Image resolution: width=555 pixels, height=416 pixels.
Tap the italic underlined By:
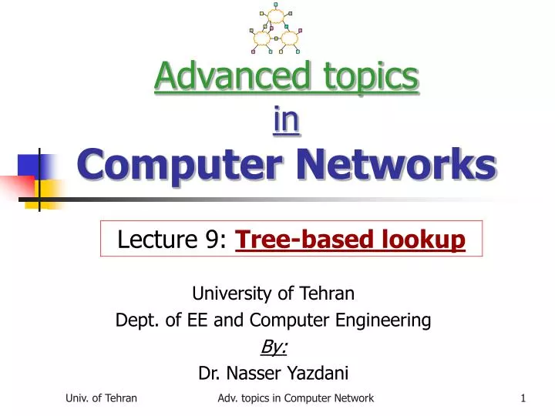click(x=274, y=347)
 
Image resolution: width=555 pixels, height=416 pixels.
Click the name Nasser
click(x=251, y=374)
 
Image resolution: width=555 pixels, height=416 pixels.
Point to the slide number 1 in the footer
click(x=523, y=398)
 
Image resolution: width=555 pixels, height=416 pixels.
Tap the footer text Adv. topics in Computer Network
click(x=295, y=398)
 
